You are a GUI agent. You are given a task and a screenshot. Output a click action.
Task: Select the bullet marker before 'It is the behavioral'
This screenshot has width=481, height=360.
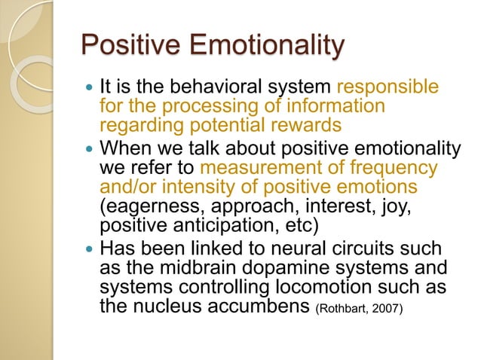pos(90,89)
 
